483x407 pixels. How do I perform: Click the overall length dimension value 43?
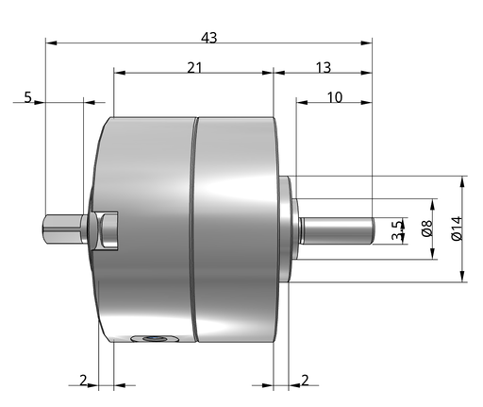(209, 38)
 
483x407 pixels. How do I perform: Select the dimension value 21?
(194, 68)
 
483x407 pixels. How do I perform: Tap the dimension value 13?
(324, 68)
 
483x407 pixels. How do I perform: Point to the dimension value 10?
(335, 97)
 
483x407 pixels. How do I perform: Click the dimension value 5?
(28, 97)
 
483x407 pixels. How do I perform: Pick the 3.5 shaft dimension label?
(398, 230)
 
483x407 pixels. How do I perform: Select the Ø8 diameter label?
(427, 229)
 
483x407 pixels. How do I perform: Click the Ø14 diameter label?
(457, 229)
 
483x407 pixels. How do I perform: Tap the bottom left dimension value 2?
(83, 381)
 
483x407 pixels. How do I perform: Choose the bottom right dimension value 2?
(305, 381)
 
